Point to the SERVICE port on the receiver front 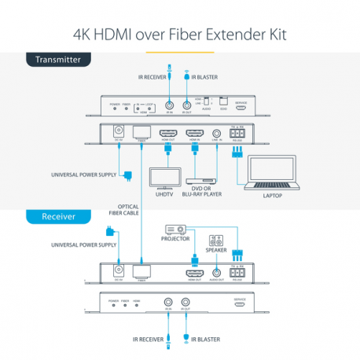tap(241, 303)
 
